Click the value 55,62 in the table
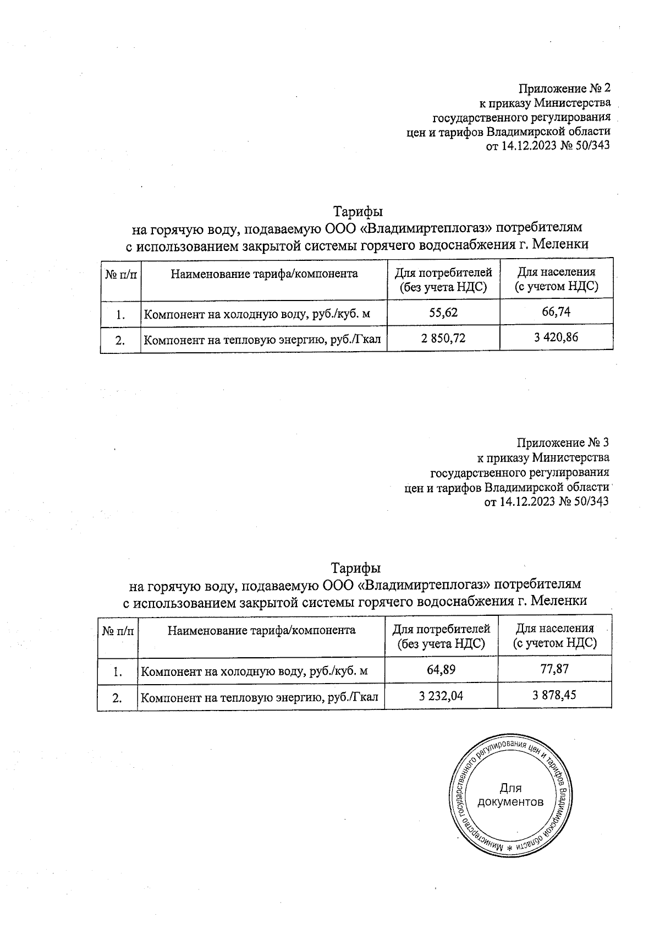(x=443, y=313)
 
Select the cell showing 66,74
(x=556, y=312)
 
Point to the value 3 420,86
(x=556, y=337)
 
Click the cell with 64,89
(x=441, y=670)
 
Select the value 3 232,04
(x=441, y=696)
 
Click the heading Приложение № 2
(x=565, y=88)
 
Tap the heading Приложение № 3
(x=563, y=443)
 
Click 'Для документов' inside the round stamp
(x=510, y=795)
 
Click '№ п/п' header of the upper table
(x=120, y=274)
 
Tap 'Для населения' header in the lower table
(x=554, y=636)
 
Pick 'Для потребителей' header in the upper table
(x=443, y=279)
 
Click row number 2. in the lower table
(x=117, y=698)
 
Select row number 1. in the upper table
(x=120, y=315)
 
